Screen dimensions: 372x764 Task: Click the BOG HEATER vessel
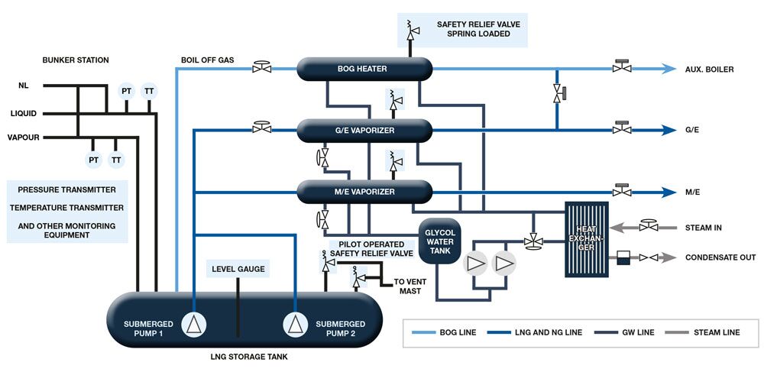[x=364, y=69]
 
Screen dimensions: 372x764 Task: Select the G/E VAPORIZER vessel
[x=364, y=130]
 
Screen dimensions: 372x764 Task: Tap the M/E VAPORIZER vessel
[x=364, y=192]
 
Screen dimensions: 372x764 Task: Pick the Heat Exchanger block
[x=586, y=238]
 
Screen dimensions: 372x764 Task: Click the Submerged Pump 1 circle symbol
[x=196, y=324]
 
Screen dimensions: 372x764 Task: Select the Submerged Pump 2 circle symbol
[x=294, y=324]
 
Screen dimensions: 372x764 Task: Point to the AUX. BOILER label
[x=710, y=70]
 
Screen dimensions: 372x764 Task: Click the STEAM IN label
[x=703, y=228]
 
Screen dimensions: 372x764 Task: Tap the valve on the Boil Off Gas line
[x=262, y=68]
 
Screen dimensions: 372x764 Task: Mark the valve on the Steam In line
[x=649, y=226]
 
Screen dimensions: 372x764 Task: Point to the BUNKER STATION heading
[x=76, y=60]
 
